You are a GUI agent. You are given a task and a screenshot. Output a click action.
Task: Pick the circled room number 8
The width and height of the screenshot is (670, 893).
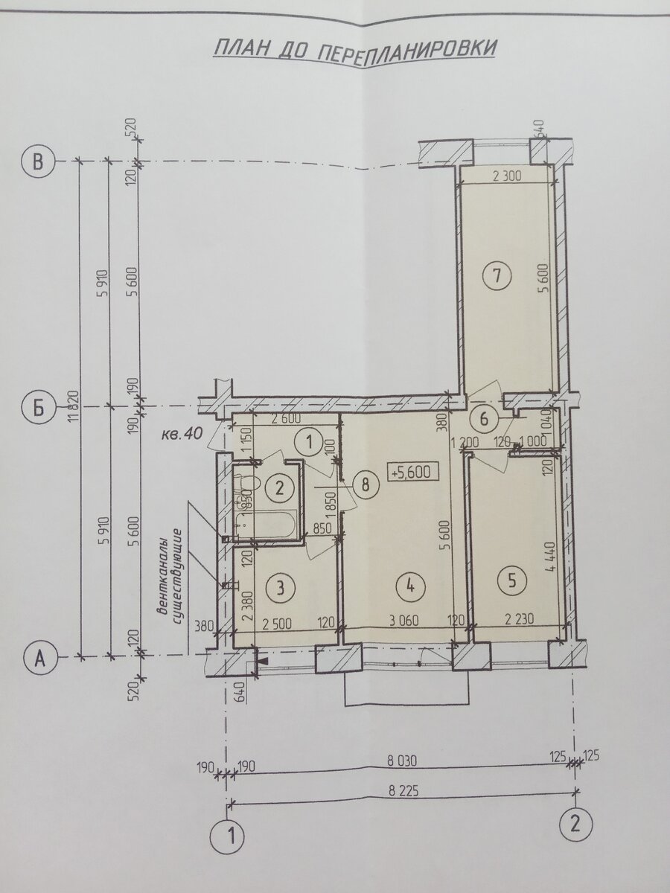(x=364, y=484)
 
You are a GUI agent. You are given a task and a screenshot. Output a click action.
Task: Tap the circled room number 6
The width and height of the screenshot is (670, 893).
(x=484, y=419)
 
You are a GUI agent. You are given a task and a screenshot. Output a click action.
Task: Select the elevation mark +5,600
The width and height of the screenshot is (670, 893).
(x=409, y=471)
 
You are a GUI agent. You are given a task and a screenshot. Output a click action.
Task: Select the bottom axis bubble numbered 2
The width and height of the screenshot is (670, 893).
(x=576, y=823)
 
